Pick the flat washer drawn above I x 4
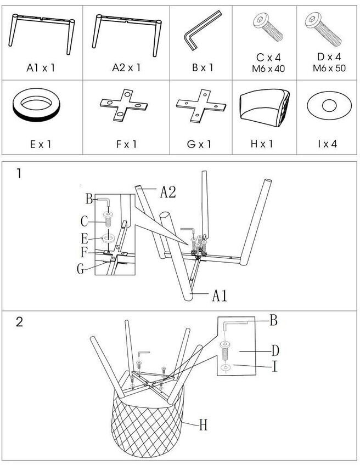(x=329, y=105)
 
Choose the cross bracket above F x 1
(x=125, y=105)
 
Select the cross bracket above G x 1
(x=201, y=105)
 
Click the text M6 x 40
(x=265, y=69)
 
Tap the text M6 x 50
(x=328, y=69)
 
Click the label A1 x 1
(x=41, y=68)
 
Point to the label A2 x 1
(x=126, y=68)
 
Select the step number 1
(x=19, y=174)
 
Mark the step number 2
(x=19, y=322)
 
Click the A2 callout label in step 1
(x=168, y=192)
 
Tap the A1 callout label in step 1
(x=220, y=296)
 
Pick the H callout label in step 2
(x=203, y=424)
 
